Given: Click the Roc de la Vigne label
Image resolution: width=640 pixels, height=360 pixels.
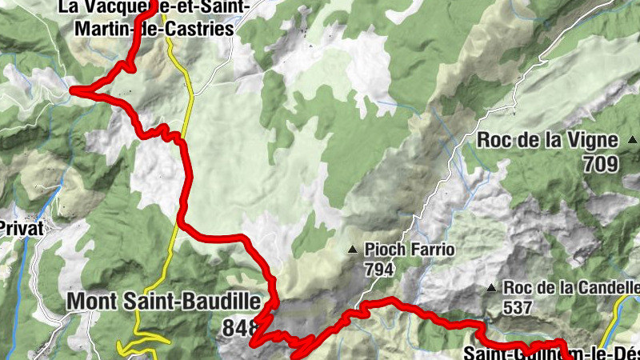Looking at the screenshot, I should [547, 140].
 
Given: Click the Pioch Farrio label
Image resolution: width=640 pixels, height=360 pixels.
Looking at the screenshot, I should [409, 250].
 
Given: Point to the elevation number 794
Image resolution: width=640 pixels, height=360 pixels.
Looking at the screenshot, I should [379, 270].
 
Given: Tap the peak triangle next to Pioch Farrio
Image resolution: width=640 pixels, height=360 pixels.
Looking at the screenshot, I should [352, 250].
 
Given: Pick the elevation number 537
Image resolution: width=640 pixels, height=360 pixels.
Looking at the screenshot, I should [518, 306].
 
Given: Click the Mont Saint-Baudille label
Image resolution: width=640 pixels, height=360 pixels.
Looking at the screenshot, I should [164, 302].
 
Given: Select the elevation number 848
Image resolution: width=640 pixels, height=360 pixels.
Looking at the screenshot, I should [242, 326].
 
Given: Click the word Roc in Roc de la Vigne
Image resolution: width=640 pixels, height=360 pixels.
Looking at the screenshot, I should [494, 140].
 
